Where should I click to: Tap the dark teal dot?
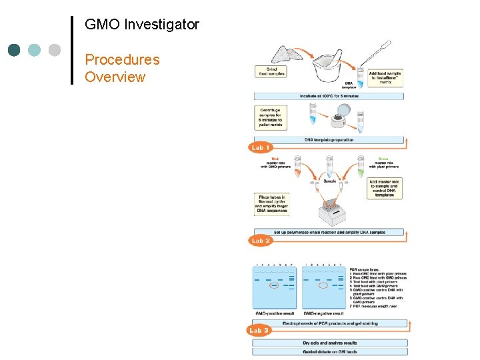pos(15,50)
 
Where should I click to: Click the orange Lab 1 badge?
pos(260,147)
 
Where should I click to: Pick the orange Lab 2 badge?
pos(260,240)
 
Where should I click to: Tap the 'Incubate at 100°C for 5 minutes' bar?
pos(328,96)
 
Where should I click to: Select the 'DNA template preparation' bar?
pos(328,140)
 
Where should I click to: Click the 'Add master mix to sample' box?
pos(386,187)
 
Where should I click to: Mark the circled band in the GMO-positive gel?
pos(273,286)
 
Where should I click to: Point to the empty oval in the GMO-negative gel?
pos(323,285)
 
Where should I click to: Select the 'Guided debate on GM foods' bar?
pos(329,351)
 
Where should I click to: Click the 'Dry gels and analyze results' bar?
pos(329,343)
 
